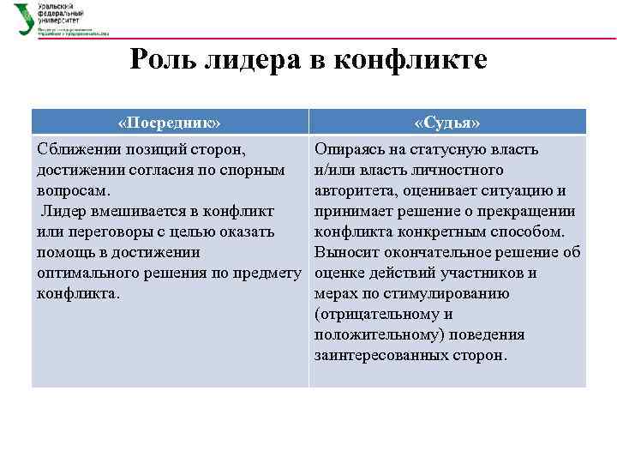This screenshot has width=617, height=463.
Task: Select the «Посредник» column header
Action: [x=170, y=122]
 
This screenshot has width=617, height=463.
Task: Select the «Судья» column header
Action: [x=446, y=122]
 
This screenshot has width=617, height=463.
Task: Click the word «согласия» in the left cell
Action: [x=164, y=171]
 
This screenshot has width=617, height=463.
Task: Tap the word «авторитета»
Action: [x=356, y=191]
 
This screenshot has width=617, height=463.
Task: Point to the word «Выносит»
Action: [x=345, y=253]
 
